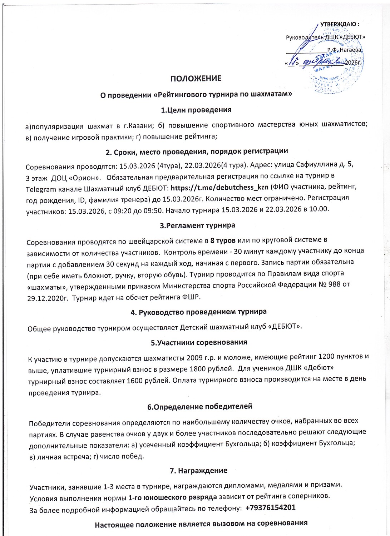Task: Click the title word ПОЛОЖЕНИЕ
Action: click(196, 79)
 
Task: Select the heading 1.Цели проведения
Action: click(196, 110)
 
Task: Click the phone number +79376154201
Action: click(271, 507)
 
